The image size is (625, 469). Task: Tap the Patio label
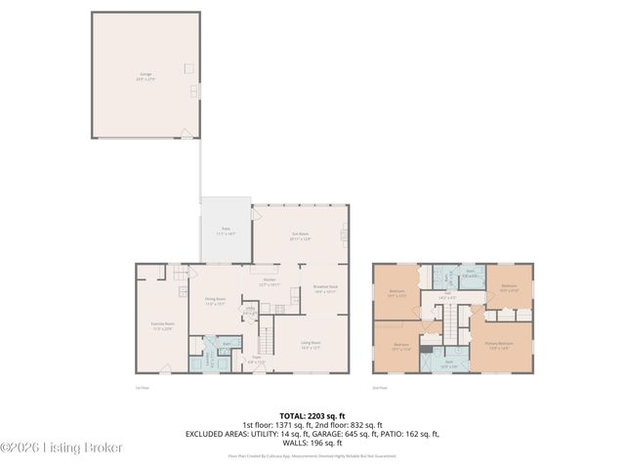[x=226, y=233]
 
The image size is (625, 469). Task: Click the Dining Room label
[x=215, y=302]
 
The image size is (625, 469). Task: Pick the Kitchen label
[x=270, y=282]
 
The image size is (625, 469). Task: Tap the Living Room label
[x=311, y=344]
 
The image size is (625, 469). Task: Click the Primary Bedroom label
[x=499, y=345]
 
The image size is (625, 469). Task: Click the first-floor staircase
[x=263, y=341]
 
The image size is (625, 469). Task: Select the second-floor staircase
[x=451, y=319]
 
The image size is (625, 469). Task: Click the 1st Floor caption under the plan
[x=141, y=388]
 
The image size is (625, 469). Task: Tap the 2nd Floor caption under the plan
[x=381, y=388]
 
